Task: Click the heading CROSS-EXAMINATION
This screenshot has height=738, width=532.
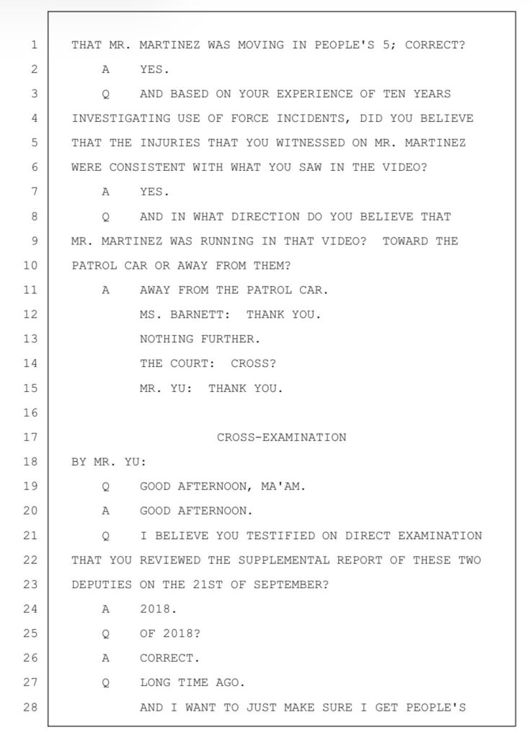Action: [x=281, y=437]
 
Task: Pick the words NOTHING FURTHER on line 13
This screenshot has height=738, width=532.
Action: [x=200, y=339]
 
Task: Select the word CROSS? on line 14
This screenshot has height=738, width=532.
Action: [x=253, y=364]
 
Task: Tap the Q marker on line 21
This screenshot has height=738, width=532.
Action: [x=106, y=535]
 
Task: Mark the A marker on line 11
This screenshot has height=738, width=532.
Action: [x=106, y=290]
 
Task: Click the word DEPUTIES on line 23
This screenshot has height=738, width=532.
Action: [x=102, y=584]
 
